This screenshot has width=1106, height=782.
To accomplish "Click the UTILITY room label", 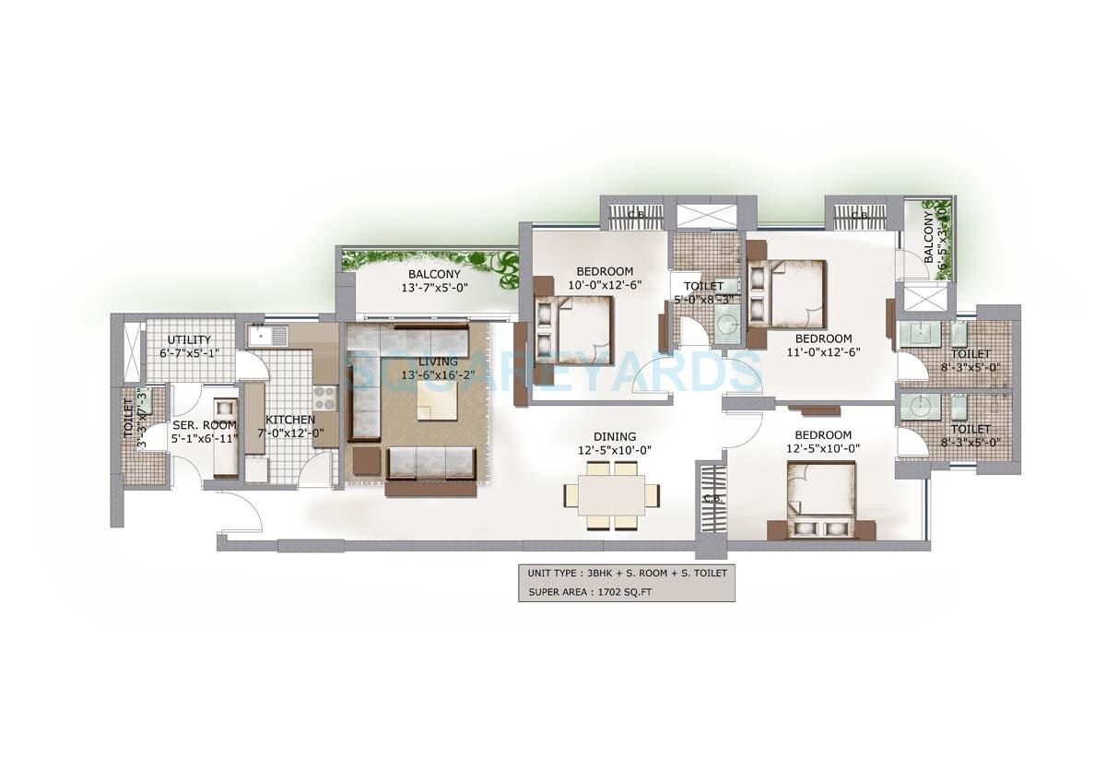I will point(189,340).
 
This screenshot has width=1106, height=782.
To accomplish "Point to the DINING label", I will point(616,437).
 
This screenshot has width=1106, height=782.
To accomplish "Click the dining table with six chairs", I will point(613,495).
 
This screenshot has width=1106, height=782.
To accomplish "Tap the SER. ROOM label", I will point(204,425).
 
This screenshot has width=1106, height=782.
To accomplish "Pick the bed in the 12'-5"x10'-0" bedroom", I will point(821,499).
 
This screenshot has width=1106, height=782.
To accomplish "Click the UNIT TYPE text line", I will point(627,573).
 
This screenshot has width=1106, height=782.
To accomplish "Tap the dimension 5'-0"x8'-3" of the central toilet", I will point(704,300).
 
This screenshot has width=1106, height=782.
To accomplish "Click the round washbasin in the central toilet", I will point(728,325).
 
